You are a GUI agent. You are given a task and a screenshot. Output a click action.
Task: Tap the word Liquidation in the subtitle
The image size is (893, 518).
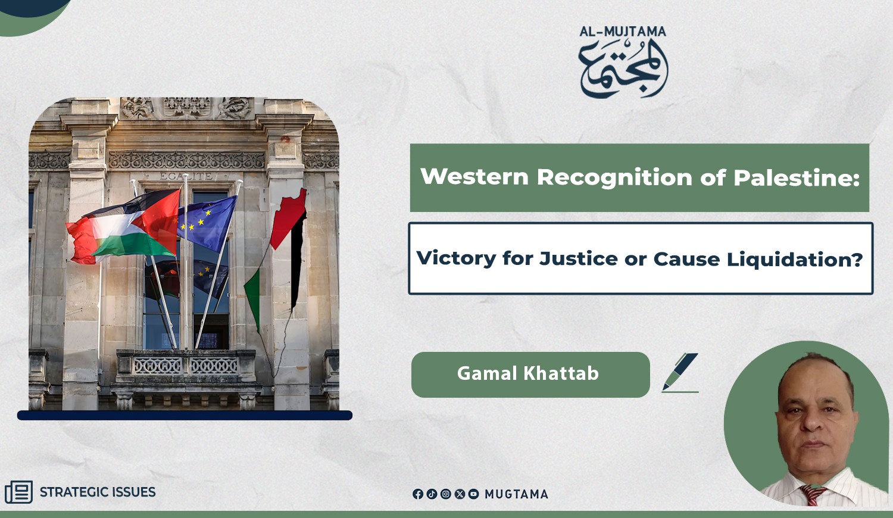point(795,260)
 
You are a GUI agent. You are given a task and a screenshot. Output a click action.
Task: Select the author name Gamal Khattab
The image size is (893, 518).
point(528,374)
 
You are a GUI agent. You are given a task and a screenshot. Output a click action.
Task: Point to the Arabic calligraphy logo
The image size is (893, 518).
point(623,68)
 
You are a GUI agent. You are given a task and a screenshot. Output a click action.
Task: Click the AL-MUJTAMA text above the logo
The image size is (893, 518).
point(623,32)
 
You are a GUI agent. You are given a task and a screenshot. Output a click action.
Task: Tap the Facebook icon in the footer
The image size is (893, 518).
point(418,494)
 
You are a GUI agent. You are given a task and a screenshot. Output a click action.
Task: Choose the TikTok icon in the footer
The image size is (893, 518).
point(432,494)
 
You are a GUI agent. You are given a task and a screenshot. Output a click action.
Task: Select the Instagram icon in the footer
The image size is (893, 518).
point(446,494)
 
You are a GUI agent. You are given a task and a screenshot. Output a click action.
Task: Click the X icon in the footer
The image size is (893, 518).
point(460,494)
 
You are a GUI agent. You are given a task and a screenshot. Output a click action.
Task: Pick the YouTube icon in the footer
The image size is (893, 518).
point(474,494)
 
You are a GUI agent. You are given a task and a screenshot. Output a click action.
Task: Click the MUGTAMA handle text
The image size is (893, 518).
point(516,494)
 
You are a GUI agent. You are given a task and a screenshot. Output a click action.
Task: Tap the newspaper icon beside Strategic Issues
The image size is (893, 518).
point(18,492)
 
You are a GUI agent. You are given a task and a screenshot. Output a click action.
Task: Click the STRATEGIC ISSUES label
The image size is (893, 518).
point(98,492)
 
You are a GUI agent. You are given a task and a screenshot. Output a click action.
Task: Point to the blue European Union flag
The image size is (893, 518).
point(207,223)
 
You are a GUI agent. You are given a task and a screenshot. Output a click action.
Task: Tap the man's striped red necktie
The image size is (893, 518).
point(813,495)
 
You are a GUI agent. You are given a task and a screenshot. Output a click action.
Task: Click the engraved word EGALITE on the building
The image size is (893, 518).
point(186,176)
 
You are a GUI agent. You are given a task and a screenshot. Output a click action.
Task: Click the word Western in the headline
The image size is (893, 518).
point(474,177)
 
